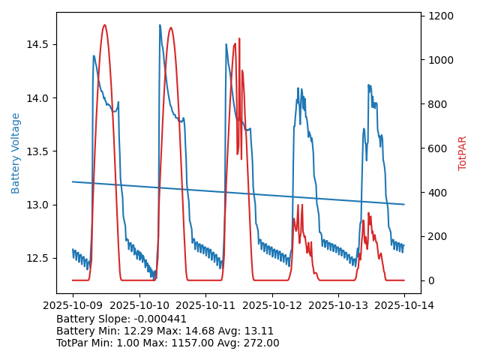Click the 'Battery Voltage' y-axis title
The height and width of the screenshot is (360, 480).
[x=16, y=153]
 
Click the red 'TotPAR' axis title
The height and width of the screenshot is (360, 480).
[x=463, y=153]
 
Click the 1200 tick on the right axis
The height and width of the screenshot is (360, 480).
[x=441, y=16]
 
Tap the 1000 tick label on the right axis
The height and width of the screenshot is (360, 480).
[x=441, y=60]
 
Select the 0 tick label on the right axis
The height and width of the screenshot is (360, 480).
[x=430, y=280]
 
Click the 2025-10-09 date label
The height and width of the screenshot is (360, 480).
[x=73, y=305]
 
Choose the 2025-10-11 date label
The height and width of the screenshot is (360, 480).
[x=205, y=305]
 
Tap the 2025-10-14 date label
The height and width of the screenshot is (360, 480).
[x=405, y=305]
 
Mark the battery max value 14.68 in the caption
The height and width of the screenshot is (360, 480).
[x=197, y=331]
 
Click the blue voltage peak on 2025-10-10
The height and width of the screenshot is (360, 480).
[x=160, y=25]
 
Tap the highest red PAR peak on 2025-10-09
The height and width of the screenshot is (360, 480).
[x=104, y=25]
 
